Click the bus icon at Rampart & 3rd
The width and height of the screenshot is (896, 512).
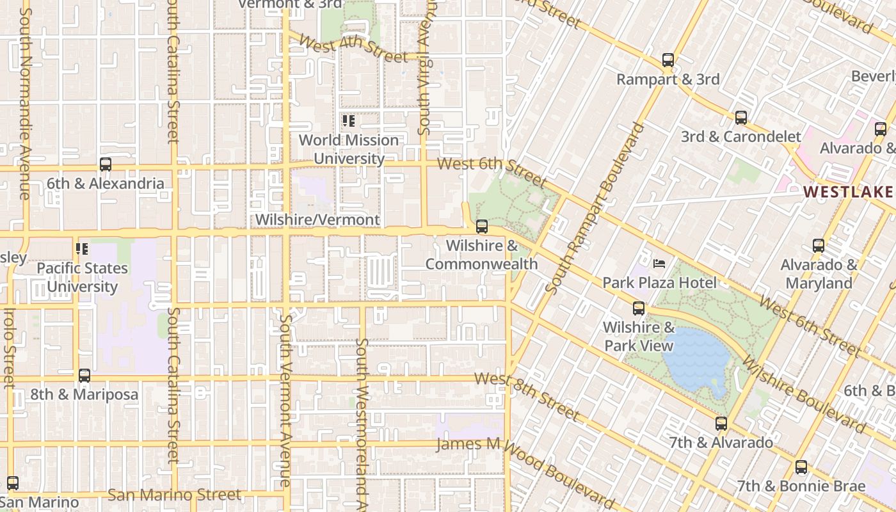pos(668,61)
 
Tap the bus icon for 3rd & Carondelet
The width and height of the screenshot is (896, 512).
pos(740,118)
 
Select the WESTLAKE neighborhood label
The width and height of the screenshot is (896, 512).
pos(847,192)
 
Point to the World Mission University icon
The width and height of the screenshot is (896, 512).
pos(349,121)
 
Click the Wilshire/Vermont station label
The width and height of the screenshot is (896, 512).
pos(317,220)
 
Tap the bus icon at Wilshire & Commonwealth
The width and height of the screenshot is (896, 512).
pos(482,227)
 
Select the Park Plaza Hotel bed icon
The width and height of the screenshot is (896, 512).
pos(659,264)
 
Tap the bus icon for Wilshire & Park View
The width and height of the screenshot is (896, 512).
pos(638,308)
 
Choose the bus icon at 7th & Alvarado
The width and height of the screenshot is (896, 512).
pos(721,424)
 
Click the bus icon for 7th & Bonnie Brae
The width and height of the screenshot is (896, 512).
pos(801,467)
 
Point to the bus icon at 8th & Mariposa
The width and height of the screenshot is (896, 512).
pos(84,376)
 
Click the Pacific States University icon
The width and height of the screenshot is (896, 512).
pos(82,249)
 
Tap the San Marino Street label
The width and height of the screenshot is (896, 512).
pos(174,495)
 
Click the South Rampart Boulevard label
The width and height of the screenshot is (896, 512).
pos(595,208)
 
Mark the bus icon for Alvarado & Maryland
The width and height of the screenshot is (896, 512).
pos(818,246)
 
